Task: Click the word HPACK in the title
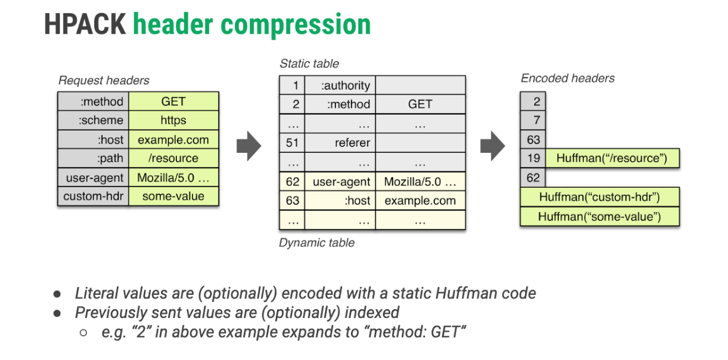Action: click(84, 25)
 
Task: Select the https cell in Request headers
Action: click(173, 120)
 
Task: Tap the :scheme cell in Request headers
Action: click(94, 120)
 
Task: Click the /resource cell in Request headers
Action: click(173, 158)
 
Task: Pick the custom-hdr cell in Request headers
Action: click(94, 196)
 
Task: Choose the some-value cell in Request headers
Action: click(173, 196)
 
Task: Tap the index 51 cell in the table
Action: click(293, 143)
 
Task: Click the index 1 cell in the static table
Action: click(293, 85)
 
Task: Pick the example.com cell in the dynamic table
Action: click(420, 200)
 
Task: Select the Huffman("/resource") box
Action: click(611, 158)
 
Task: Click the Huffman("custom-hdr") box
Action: click(599, 197)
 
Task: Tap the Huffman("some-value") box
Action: click(599, 217)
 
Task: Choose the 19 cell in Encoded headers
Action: click(533, 158)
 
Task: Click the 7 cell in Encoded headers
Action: click(533, 121)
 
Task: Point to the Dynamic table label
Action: click(317, 243)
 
